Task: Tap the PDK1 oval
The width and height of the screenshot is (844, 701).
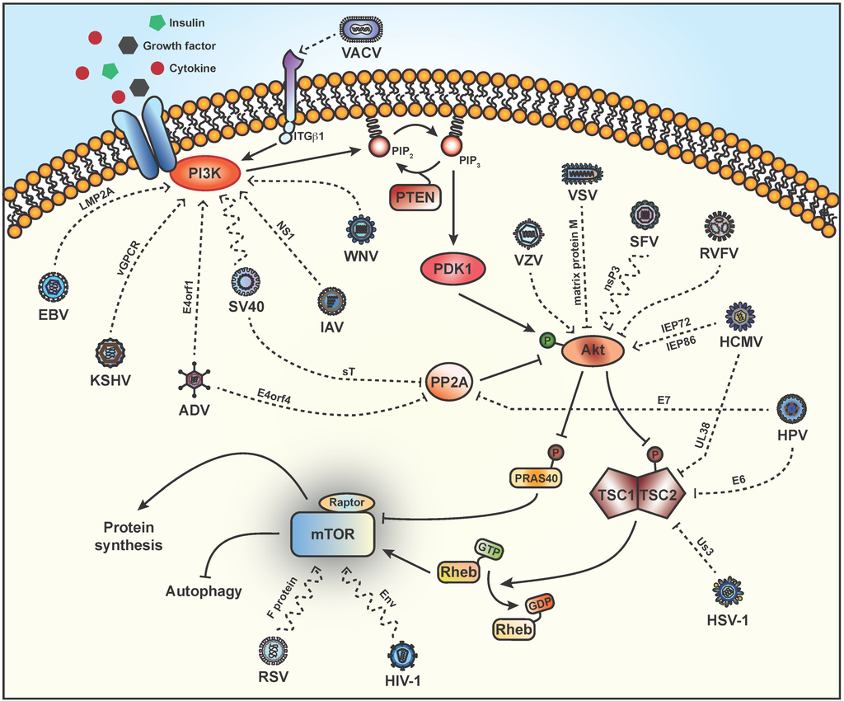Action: (x=453, y=271)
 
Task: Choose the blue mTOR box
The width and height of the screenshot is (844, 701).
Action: (x=335, y=534)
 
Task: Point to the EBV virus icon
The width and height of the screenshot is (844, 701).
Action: (x=54, y=289)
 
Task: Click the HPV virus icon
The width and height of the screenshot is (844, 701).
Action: (x=791, y=407)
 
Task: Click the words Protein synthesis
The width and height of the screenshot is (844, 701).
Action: (x=133, y=536)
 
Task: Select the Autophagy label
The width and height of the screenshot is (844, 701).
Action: (x=204, y=591)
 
